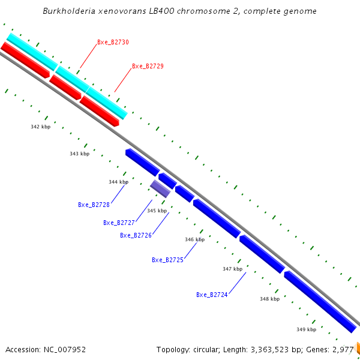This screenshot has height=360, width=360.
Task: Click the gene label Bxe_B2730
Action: pyautogui.click(x=113, y=43)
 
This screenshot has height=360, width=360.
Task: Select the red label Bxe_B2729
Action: pyautogui.click(x=148, y=66)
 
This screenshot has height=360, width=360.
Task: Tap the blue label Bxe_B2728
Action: pyautogui.click(x=94, y=205)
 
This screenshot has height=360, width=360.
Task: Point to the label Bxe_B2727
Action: pyautogui.click(x=119, y=223)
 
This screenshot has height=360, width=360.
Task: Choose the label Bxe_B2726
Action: pyautogui.click(x=136, y=235)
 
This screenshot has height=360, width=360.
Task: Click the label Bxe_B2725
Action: pyautogui.click(x=167, y=260)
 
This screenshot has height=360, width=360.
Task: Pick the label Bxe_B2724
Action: pyautogui.click(x=212, y=295)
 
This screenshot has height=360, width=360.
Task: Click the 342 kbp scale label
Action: pyautogui.click(x=41, y=127)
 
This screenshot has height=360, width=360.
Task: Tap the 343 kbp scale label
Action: pyautogui.click(x=79, y=154)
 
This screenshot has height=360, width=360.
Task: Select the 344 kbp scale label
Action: pyautogui.click(x=118, y=182)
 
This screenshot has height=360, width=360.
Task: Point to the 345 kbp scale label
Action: pyautogui.click(x=157, y=211)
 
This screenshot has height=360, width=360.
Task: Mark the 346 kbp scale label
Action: pyautogui.click(x=194, y=239)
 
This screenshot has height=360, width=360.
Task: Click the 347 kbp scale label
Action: pyautogui.click(x=232, y=269)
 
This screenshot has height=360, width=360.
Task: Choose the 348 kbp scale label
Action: pyautogui.click(x=269, y=299)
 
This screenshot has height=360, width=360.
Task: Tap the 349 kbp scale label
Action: pyautogui.click(x=306, y=329)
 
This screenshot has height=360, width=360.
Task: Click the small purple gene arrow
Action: pyautogui.click(x=160, y=188)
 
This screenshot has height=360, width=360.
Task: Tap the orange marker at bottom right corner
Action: pyautogui.click(x=358, y=347)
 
